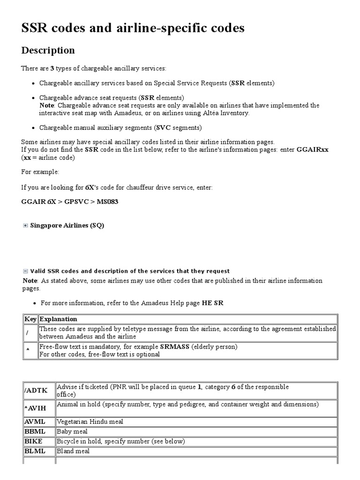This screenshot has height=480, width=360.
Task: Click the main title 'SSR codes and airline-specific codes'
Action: [x=133, y=29]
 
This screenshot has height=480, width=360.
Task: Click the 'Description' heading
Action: [x=48, y=50]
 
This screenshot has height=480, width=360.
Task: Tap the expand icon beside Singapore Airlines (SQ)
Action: [x=25, y=225]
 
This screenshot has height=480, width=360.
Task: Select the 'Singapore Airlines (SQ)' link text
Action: [x=67, y=225]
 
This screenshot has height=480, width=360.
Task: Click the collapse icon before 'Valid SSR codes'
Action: [x=25, y=271]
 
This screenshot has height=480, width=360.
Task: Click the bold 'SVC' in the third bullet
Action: [x=163, y=127]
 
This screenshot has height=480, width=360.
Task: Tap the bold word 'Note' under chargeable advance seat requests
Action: [x=46, y=105]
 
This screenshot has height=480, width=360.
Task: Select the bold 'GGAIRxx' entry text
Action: [x=316, y=150]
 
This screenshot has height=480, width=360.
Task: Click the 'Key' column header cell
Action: [x=30, y=319]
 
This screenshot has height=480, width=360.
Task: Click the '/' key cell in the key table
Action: [x=30, y=332]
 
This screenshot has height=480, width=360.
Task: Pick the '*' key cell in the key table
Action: [x=30, y=350]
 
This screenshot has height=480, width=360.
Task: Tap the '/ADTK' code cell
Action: [x=39, y=390]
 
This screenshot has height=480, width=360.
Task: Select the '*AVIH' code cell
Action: [x=39, y=408]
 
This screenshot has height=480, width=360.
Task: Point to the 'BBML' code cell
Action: [x=39, y=431]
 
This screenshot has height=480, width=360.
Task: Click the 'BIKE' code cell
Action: [x=39, y=441]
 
